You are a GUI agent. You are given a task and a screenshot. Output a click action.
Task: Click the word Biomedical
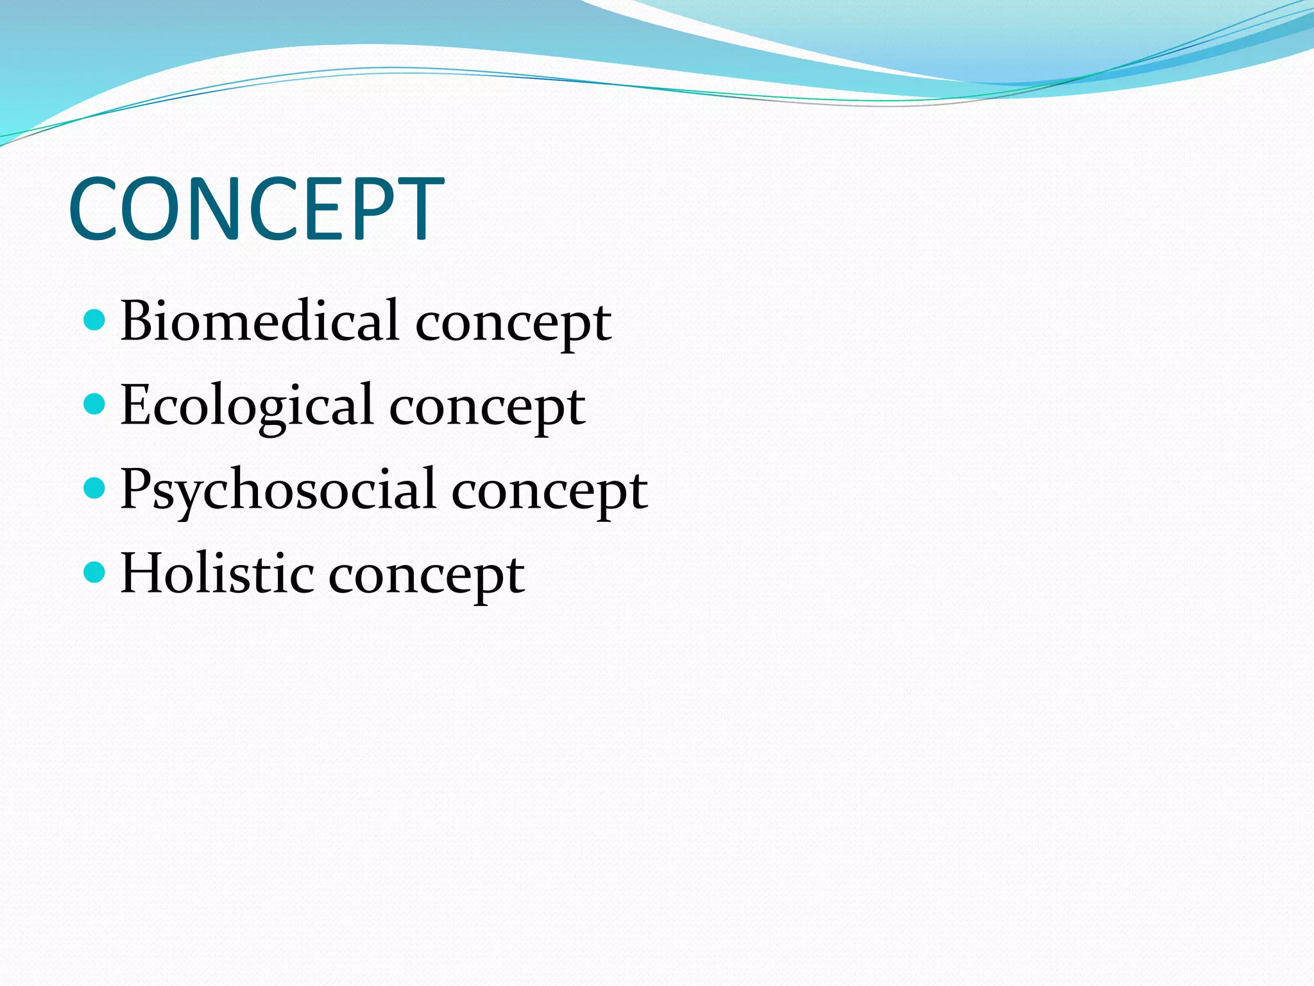coord(259,320)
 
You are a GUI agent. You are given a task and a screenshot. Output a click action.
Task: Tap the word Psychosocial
coord(277,490)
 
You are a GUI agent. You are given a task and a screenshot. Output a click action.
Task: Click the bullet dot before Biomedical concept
coord(94,319)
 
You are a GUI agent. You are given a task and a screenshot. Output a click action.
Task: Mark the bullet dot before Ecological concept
coord(94,404)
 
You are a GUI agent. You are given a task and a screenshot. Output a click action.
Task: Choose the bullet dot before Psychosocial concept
coord(94,488)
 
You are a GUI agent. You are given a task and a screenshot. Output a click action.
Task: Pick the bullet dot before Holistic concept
coord(94,572)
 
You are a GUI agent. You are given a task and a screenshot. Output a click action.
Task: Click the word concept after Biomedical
coord(513,324)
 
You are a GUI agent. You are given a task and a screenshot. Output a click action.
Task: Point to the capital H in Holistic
coord(143,573)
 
